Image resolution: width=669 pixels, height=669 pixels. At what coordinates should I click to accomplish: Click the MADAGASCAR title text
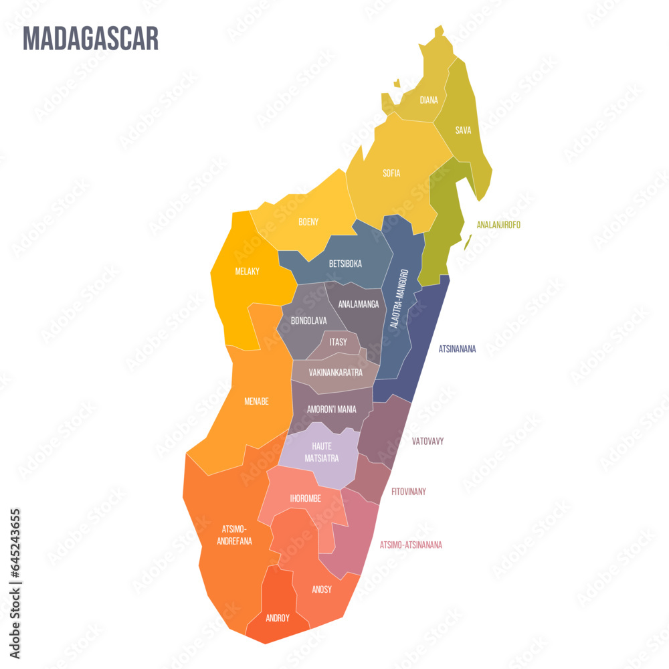coord(91,39)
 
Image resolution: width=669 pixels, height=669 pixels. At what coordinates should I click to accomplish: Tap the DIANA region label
coord(429,100)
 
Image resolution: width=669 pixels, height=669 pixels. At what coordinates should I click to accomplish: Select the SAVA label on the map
coord(463,130)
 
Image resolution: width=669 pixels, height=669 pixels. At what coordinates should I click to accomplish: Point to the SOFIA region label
coord(391,173)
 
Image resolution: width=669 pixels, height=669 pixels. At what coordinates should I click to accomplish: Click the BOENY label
coord(308,221)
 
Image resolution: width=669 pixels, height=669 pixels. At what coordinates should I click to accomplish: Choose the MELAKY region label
coord(248,272)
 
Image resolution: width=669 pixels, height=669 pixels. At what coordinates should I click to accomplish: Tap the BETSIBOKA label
coord(345,264)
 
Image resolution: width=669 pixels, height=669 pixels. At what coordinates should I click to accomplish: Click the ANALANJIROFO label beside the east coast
coord(498,225)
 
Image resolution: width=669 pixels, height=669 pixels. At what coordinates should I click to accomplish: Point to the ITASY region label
coord(339,342)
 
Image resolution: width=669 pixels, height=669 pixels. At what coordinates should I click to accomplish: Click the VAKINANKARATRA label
coord(336,373)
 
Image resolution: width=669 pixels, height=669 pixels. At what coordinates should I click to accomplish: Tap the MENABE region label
coord(256,401)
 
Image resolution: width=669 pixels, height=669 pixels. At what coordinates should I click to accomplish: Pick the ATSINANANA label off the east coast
coord(457,349)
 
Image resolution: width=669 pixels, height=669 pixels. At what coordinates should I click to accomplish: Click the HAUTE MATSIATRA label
coord(322,452)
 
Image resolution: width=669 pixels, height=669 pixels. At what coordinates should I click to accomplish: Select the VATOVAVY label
coord(427,442)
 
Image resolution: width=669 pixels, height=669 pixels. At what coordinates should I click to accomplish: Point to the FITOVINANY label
coord(409,492)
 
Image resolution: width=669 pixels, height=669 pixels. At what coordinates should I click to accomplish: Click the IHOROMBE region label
coord(306,498)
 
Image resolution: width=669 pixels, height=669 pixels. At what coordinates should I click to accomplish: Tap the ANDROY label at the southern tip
coord(278,618)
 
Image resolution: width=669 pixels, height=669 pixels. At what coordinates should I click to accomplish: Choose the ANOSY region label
coord(322,589)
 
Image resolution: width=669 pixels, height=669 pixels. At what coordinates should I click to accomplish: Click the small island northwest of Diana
coord(397,84)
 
